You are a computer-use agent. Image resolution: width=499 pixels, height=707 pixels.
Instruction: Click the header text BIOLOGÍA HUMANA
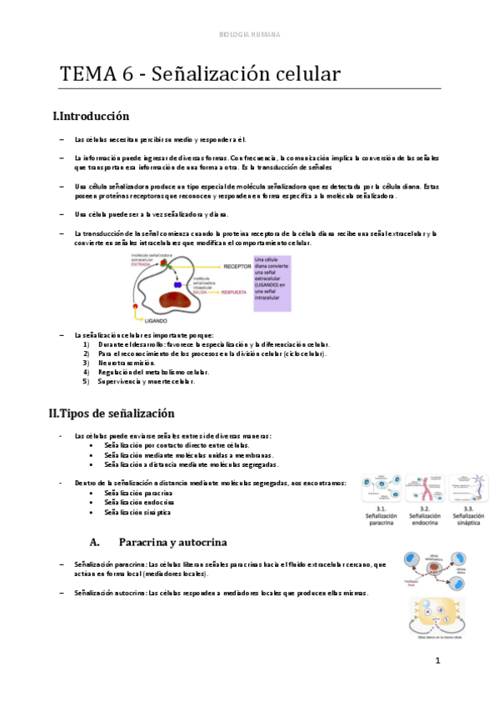coord(249,35)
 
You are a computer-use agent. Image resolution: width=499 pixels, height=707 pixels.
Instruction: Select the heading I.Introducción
coord(91,116)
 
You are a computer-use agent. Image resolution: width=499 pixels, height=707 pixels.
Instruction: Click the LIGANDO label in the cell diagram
coord(157,319)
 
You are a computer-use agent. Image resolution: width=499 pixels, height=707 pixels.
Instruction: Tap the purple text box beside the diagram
coord(272,283)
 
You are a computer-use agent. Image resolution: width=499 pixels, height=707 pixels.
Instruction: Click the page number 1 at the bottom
coord(437,661)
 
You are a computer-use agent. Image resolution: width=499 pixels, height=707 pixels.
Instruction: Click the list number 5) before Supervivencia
coord(86,381)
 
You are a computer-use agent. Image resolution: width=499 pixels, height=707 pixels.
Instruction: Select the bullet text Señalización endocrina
coord(139,503)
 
